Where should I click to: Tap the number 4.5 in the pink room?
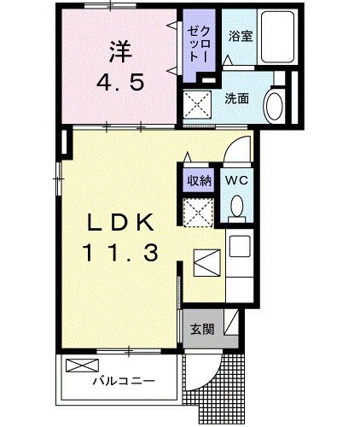(x=119, y=85)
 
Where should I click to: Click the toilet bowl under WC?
(x=236, y=206)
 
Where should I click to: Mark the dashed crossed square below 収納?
(x=199, y=213)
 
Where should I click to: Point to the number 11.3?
(x=119, y=254)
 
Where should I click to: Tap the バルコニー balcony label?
(x=124, y=382)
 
